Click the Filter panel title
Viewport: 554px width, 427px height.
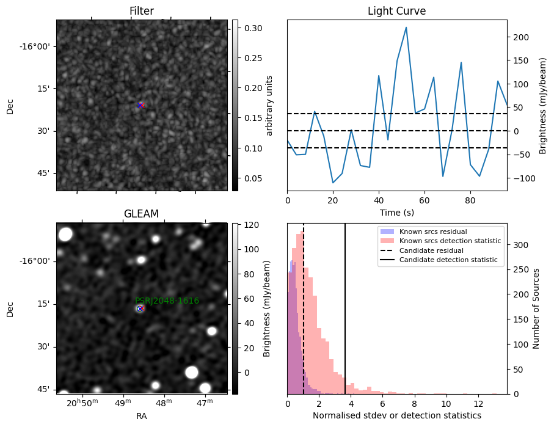(142, 11)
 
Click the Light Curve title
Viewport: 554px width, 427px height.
(397, 11)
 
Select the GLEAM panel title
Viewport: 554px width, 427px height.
(141, 214)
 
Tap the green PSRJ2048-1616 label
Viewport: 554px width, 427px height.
(167, 301)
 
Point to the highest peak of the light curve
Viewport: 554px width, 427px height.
(406, 27)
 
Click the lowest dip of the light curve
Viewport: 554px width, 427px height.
(333, 183)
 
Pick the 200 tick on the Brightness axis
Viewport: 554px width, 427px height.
(521, 37)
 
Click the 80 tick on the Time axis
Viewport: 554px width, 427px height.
(470, 200)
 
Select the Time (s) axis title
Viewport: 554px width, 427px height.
(397, 213)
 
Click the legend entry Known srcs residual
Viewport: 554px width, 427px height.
(433, 232)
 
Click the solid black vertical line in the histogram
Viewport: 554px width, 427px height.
(345, 308)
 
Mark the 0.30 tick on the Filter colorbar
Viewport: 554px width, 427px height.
(253, 28)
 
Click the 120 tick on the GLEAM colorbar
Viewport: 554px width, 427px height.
(252, 225)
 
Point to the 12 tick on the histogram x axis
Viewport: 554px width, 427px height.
(478, 404)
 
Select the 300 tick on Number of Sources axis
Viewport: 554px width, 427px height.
(520, 245)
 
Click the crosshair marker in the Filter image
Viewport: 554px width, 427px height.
(140, 105)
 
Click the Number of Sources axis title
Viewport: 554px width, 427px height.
(536, 308)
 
